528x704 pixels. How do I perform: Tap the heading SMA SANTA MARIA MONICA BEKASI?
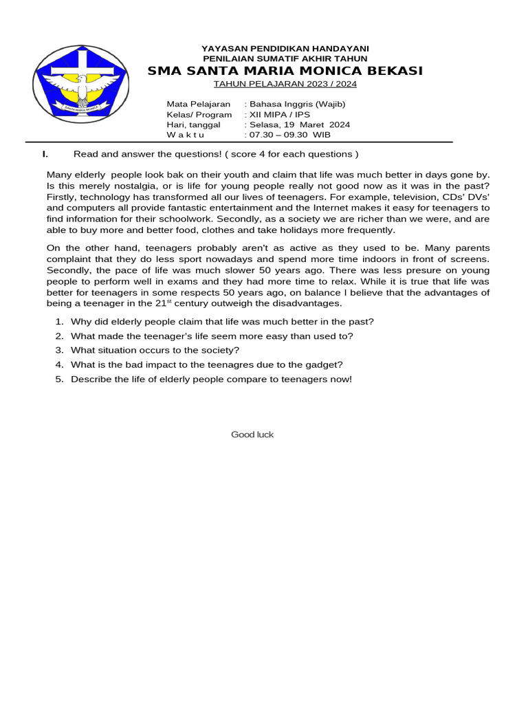coord(285,71)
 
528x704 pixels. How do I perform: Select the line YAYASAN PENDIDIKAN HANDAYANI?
coord(285,48)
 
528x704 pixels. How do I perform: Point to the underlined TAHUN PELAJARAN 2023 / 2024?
coord(285,84)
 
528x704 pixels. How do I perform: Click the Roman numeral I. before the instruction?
coord(45,153)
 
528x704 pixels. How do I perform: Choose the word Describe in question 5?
coord(90,379)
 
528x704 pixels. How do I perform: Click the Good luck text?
coord(252,434)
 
